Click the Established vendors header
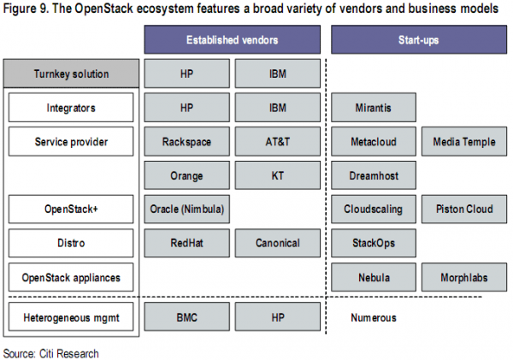tap(233, 39)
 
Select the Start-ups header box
tap(419, 39)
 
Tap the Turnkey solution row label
tap(71, 74)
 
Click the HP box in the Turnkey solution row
tap(186, 74)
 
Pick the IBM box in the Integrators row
tap(277, 108)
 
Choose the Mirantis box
tap(374, 108)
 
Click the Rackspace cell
tap(186, 142)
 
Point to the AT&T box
tap(277, 142)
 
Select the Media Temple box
tap(464, 142)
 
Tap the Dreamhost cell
tap(374, 175)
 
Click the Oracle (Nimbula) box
tap(186, 210)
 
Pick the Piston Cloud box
tap(464, 210)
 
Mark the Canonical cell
tap(277, 243)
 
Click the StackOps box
tap(374, 243)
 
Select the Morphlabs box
tap(464, 277)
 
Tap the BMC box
tap(186, 316)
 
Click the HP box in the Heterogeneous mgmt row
tap(277, 316)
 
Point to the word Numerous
tap(374, 317)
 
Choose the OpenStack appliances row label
tap(71, 277)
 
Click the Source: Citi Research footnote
tap(50, 353)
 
